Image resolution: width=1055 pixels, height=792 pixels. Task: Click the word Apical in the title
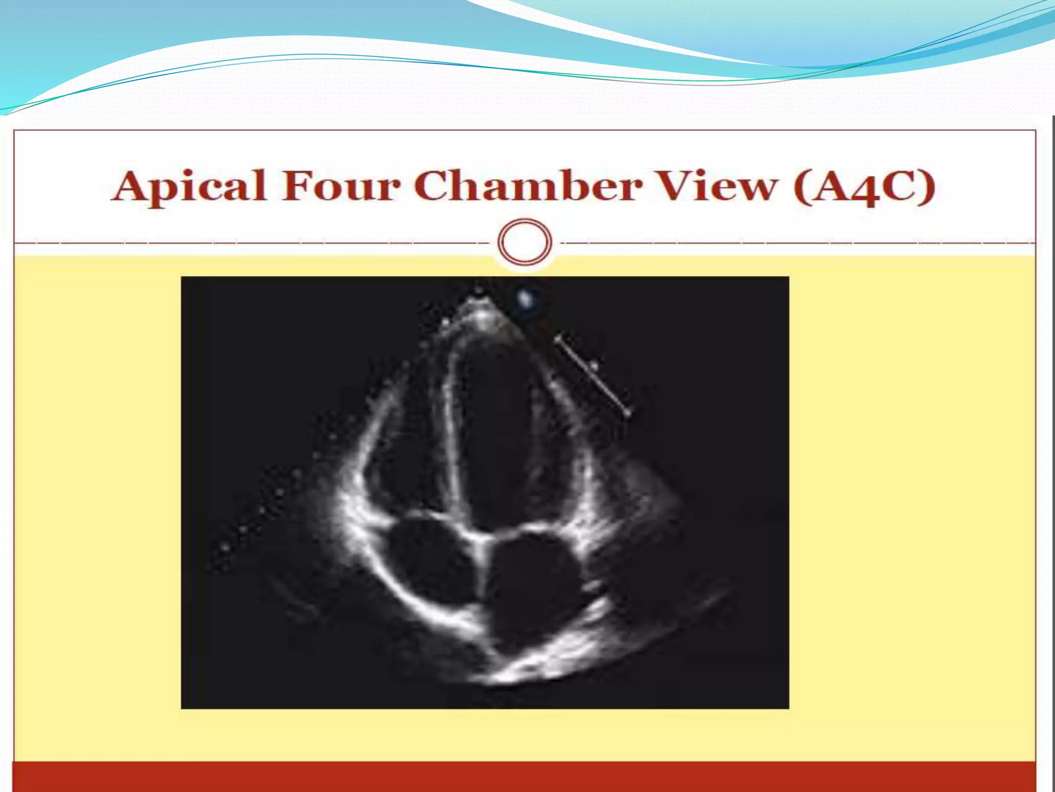click(189, 186)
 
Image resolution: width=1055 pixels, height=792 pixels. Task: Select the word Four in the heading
click(340, 186)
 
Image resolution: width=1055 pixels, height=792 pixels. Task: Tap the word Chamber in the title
click(527, 186)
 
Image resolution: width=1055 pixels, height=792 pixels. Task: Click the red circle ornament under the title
click(525, 242)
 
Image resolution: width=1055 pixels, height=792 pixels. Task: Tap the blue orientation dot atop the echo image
click(525, 298)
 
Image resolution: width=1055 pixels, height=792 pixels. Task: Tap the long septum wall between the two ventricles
click(451, 438)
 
